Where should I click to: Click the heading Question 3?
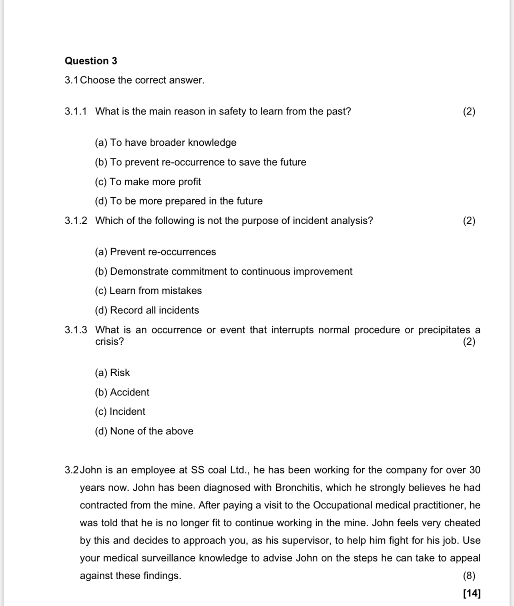91,61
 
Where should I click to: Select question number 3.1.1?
76,111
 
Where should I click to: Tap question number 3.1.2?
76,221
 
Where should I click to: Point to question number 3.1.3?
76,330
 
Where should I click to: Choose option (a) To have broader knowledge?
165,142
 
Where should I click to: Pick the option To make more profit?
148,182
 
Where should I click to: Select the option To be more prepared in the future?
179,201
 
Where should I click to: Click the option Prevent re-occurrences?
155,252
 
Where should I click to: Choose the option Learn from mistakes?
148,291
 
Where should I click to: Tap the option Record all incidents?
147,310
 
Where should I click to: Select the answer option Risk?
112,373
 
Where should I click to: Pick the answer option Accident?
122,392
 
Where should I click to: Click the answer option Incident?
120,411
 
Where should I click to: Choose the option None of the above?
144,431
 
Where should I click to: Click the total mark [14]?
472,593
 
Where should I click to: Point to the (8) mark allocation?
469,576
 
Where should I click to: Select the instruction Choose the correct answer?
142,80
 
